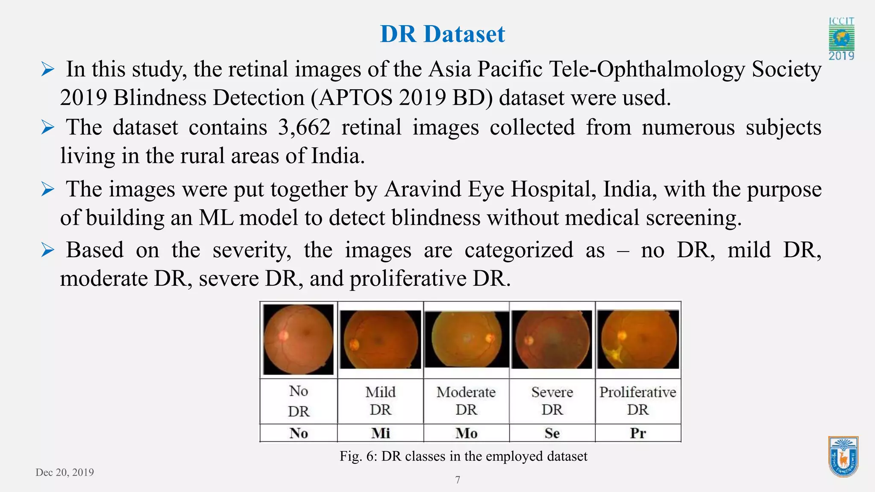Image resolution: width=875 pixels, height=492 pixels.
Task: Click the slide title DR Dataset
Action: point(442,34)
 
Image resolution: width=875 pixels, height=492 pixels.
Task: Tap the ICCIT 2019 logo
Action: point(841,39)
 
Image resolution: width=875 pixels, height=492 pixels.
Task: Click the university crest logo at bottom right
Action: point(843,457)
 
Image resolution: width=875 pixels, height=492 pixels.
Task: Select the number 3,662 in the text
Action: point(304,127)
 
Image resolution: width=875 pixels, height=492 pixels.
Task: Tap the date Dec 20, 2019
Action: point(65,472)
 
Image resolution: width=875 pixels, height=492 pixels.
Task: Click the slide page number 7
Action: point(458,480)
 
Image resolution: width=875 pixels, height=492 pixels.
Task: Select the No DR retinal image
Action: point(298,339)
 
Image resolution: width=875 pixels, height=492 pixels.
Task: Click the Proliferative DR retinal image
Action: point(638,339)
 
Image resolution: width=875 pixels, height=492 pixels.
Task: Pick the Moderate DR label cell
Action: point(466,401)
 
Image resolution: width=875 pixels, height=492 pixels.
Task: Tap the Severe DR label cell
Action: point(552,401)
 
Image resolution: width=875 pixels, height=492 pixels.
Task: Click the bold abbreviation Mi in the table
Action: point(380,433)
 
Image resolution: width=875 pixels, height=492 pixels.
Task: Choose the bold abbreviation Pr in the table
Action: point(638,433)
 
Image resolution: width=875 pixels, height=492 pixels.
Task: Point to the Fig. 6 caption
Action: point(463,456)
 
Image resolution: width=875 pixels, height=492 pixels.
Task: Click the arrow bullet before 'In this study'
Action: point(47,69)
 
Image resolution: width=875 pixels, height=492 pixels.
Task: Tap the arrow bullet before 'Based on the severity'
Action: point(47,250)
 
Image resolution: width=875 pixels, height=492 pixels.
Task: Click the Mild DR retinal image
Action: point(380,339)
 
